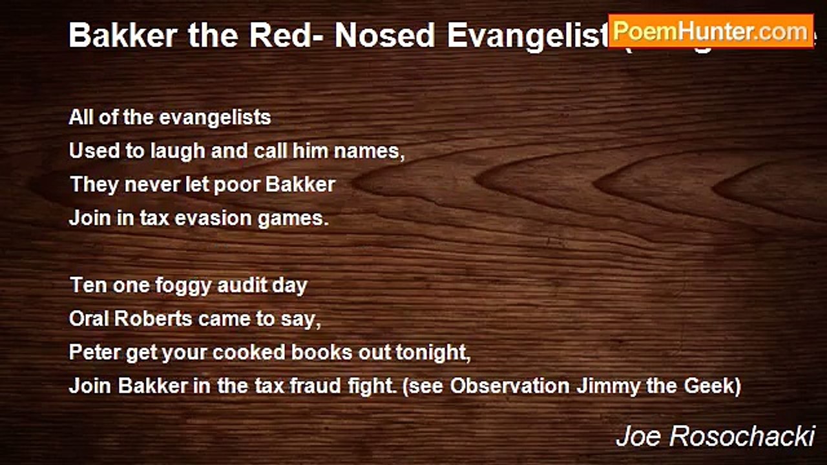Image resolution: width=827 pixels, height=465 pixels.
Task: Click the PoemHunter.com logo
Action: (x=710, y=31)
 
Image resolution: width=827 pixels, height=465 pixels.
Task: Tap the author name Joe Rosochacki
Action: (x=715, y=437)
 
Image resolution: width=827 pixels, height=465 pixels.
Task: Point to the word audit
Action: (x=238, y=285)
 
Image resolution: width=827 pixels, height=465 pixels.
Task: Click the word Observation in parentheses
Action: (x=510, y=386)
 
